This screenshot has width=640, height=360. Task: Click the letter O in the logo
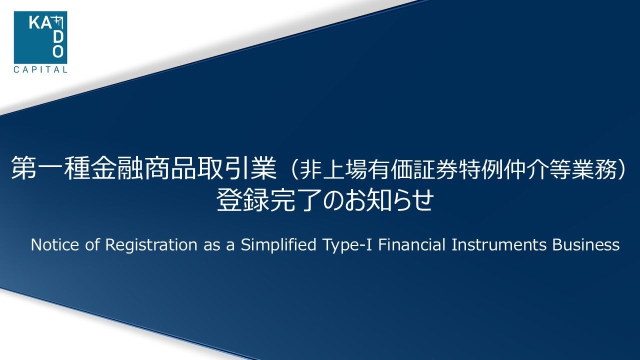[x=59, y=51]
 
